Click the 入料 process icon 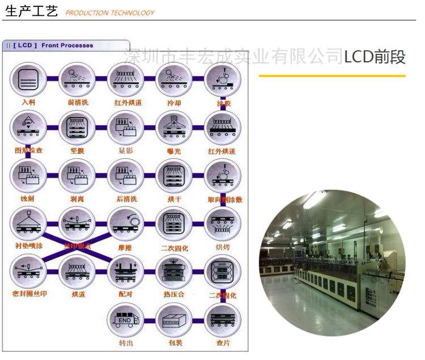[28, 79]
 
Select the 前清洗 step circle [76, 79]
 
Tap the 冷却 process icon [173, 79]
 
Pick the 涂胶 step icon [222, 79]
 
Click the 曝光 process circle [173, 128]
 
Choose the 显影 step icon [125, 128]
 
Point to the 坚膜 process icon [76, 128]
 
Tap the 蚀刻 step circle [28, 175]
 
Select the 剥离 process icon [76, 175]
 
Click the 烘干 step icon [173, 175]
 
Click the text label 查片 [222, 344]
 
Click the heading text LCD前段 [375, 57]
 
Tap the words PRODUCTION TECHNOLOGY [110, 13]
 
